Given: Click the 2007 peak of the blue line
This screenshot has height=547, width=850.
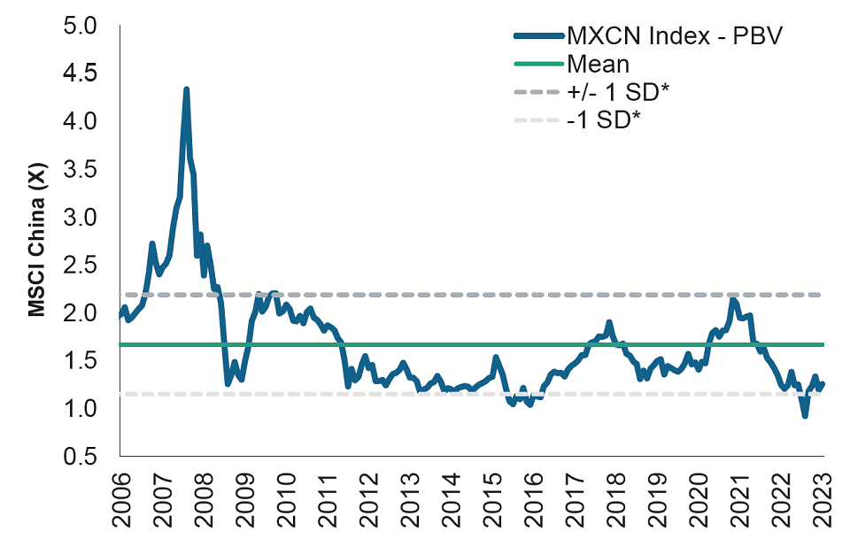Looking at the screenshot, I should tap(186, 89).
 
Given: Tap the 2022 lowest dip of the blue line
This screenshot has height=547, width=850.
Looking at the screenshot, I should tap(804, 415).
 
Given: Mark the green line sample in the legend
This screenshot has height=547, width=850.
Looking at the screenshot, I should tap(537, 64).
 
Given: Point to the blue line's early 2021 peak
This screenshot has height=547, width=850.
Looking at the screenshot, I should tap(732, 301).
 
